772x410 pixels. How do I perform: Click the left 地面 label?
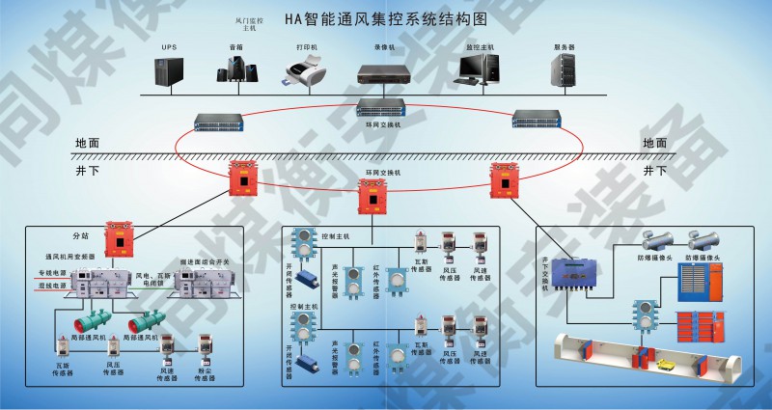point(87,143)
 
